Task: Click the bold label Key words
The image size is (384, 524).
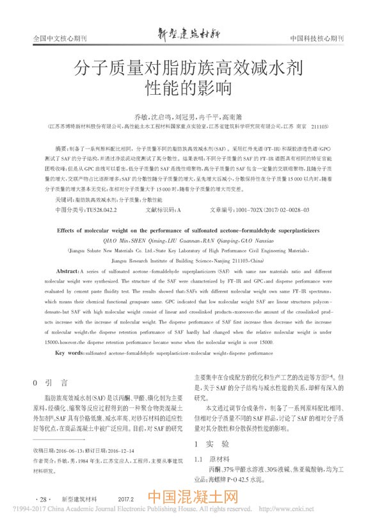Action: point(70,352)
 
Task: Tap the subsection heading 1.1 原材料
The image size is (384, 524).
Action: point(212,459)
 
